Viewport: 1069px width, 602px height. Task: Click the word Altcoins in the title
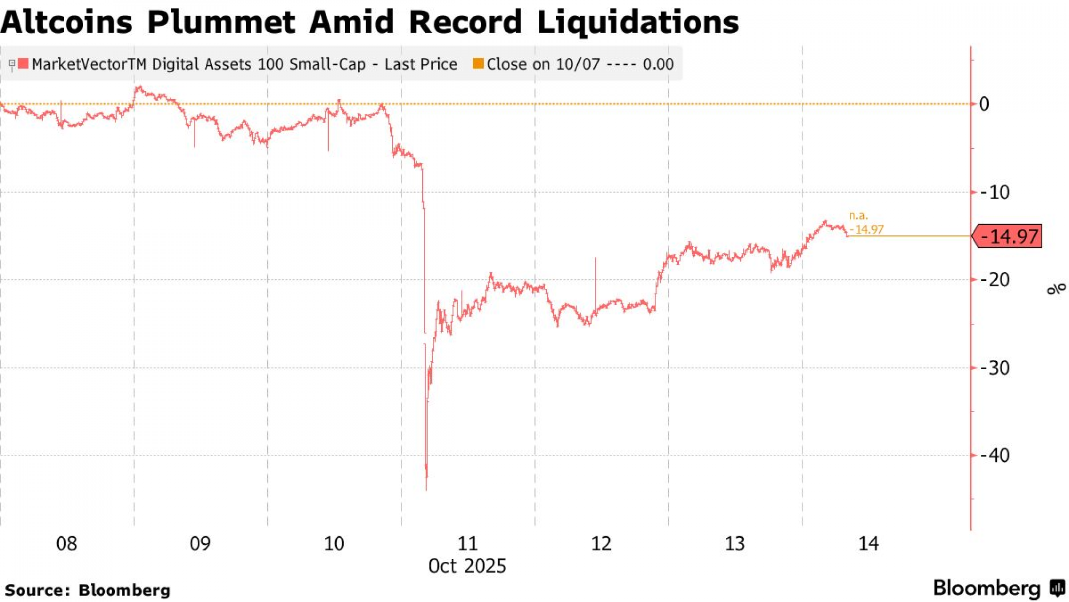click(x=66, y=22)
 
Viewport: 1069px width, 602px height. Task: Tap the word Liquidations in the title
click(x=638, y=22)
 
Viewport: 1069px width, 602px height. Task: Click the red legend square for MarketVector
click(x=23, y=64)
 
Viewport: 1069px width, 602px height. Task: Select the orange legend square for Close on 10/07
click(x=478, y=64)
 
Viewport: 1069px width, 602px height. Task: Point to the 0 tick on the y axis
click(x=983, y=104)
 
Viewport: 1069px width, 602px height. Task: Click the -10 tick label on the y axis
click(x=995, y=192)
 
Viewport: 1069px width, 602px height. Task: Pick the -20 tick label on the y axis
click(x=995, y=279)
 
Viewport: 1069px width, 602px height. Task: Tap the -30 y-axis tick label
click(x=995, y=368)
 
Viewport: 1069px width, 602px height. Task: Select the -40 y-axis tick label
click(x=995, y=455)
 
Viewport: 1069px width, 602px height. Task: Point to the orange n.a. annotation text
click(x=858, y=216)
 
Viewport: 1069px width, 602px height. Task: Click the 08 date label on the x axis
click(x=67, y=544)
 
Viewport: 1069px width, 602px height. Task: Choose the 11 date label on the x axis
click(x=468, y=544)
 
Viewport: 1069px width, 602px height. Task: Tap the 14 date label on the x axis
click(x=869, y=544)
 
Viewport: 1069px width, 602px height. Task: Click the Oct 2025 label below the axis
click(x=467, y=566)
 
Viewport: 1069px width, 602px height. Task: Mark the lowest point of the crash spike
click(x=426, y=489)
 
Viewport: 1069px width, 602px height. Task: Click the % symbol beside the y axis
click(x=1056, y=289)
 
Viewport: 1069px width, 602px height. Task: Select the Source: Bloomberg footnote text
click(x=88, y=590)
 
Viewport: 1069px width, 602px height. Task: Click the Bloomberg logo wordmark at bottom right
click(x=987, y=588)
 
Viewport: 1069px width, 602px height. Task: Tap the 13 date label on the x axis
click(x=735, y=544)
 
